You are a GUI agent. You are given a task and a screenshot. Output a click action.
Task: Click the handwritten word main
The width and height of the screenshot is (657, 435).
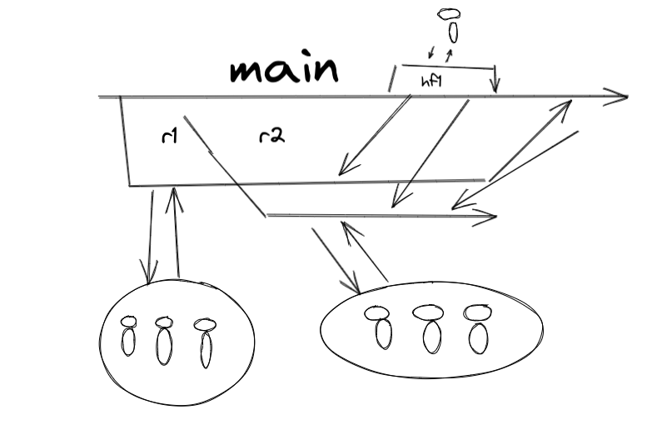pyautogui.click(x=284, y=70)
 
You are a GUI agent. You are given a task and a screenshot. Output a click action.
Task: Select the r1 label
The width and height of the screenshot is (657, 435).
pyautogui.click(x=170, y=135)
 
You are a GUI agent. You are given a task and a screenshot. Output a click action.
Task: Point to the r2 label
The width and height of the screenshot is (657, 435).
pyautogui.click(x=271, y=135)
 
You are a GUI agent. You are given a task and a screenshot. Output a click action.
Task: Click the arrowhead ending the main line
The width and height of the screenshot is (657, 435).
pyautogui.click(x=620, y=97)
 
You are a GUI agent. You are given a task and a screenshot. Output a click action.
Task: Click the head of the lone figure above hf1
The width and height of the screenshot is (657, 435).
pyautogui.click(x=449, y=13)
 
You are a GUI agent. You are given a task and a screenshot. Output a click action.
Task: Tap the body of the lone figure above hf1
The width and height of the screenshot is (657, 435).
pyautogui.click(x=453, y=32)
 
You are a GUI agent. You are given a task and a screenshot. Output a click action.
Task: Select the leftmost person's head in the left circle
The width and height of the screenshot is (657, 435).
pyautogui.click(x=128, y=321)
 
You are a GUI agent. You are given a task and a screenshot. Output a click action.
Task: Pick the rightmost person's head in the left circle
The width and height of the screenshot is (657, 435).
pyautogui.click(x=202, y=323)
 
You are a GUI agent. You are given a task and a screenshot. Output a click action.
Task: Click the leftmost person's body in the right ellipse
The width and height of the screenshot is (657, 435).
pyautogui.click(x=383, y=333)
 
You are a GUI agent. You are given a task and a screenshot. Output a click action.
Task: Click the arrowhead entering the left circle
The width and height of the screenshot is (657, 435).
pyautogui.click(x=150, y=276)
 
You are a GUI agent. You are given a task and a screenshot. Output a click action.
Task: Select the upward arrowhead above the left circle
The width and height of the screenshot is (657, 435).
pyautogui.click(x=174, y=195)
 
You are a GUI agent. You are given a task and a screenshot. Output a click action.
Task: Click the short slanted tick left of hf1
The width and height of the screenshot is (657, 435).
pyautogui.click(x=391, y=79)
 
